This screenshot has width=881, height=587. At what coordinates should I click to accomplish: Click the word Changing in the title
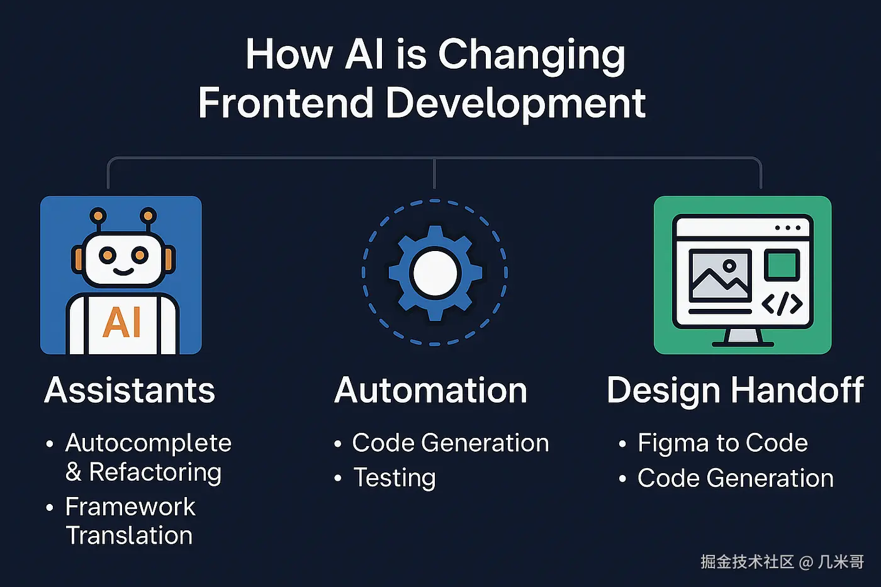531,56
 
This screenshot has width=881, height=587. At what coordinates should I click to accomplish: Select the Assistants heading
130,390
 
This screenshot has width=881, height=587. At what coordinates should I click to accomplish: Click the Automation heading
430,390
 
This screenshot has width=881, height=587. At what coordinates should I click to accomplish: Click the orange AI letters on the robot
121,322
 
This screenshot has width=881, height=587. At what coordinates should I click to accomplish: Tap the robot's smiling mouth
123,272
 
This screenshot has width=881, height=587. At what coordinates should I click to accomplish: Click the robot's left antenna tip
98,215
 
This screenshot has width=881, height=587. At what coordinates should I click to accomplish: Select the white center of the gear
435,273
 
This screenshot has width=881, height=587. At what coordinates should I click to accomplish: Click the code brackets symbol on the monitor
782,303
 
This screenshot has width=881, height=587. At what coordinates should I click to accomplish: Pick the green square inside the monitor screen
782,265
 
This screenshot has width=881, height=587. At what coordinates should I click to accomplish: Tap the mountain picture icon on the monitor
720,276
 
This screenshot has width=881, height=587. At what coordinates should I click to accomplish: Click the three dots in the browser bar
788,228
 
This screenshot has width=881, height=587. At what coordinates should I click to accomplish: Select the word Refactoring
155,472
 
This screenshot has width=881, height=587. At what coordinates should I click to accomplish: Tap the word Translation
130,535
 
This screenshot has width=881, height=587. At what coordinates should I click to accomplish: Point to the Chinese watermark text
782,562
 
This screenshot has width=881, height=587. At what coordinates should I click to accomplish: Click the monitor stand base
743,344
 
